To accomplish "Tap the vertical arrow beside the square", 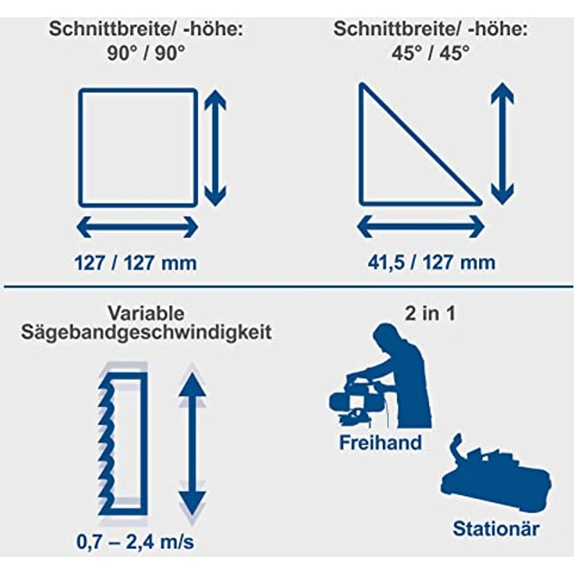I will pos(215,147).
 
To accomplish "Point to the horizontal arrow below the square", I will pos(138,227).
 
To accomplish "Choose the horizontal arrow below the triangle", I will pos(421,227).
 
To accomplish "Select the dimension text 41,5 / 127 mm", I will pos(431,262).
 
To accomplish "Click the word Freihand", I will pos(380,443).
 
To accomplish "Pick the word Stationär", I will pos(496,528).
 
